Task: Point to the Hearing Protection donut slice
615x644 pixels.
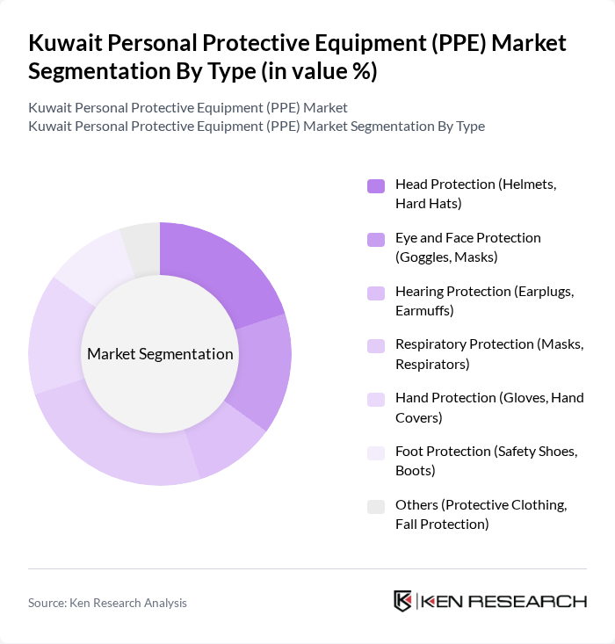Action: tap(225, 438)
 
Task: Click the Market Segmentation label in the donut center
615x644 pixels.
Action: tap(160, 354)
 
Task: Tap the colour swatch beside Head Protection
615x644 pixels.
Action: tap(375, 185)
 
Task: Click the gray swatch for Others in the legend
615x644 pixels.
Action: tap(375, 506)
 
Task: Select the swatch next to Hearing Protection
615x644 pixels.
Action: tap(375, 293)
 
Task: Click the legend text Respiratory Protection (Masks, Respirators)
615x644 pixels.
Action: tap(488, 354)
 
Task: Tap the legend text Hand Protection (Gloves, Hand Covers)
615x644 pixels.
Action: tap(488, 408)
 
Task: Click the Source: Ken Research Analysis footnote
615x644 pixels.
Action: tap(107, 603)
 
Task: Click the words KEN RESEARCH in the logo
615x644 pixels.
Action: tap(504, 602)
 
